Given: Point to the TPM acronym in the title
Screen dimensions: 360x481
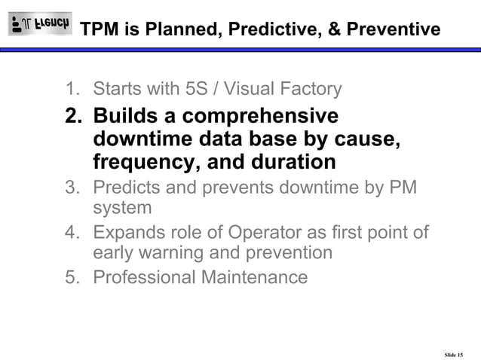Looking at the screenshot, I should pyautogui.click(x=99, y=29).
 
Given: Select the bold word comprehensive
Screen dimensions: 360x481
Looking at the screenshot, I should pyautogui.click(x=256, y=117).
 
